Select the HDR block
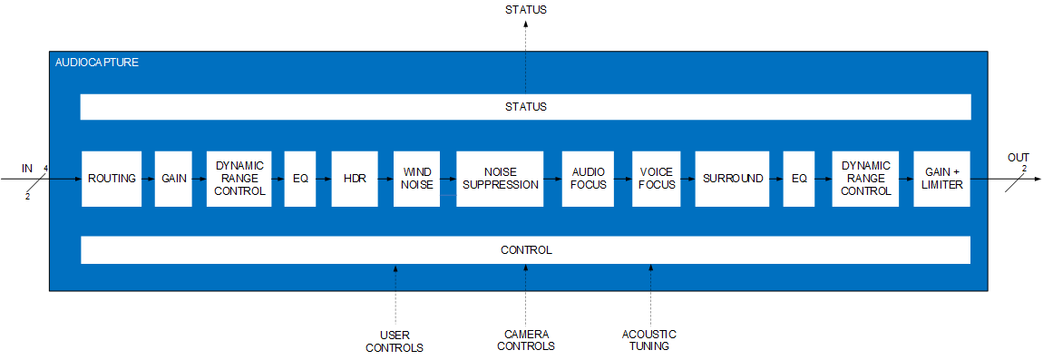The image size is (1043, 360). pos(355,179)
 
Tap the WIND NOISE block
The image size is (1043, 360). pos(417,179)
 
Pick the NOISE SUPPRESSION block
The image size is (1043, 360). pos(500,179)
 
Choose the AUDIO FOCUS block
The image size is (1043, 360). pos(588,179)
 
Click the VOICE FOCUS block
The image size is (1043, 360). pos(655,179)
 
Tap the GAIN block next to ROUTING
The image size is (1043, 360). pos(173,179)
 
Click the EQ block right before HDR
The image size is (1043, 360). pos(300,179)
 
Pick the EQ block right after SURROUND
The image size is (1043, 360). pos(799,179)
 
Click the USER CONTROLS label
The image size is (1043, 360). pos(395,341)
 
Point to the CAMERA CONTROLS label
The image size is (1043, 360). pos(526,340)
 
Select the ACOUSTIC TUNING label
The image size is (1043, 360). pos(649,340)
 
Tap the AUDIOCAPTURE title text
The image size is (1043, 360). pos(97,63)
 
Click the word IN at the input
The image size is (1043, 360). pos(26,168)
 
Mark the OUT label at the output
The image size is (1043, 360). pos(1019,158)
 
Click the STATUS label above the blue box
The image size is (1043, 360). pos(525,10)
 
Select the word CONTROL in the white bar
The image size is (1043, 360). pos(526,250)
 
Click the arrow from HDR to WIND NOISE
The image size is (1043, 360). pos(385,179)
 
